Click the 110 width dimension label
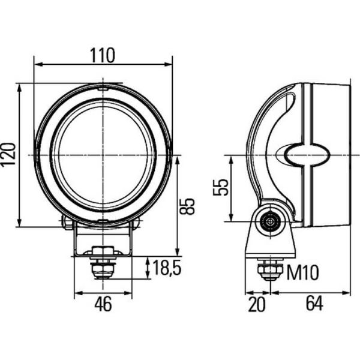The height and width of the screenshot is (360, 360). [103, 55]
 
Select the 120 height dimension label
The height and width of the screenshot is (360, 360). [8, 155]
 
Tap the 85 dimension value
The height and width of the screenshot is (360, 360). [187, 206]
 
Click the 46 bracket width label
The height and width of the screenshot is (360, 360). [103, 305]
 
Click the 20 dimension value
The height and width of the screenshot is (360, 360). [256, 305]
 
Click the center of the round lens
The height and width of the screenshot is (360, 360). [103, 155]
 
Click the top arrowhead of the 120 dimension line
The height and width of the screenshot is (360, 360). [20, 87]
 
